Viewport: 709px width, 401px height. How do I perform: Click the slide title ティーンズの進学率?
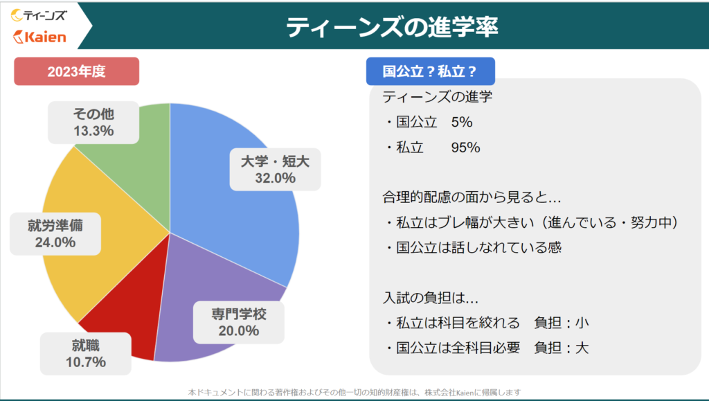pos(392,27)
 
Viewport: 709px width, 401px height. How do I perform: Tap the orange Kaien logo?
pos(39,37)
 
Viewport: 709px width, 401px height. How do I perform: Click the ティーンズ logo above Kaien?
pos(39,15)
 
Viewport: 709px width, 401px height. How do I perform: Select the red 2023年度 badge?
pos(76,71)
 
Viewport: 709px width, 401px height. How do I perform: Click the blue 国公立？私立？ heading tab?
pos(431,71)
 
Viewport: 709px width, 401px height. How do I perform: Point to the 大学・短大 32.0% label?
pos(275,169)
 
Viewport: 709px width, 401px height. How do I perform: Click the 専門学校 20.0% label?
pos(239,322)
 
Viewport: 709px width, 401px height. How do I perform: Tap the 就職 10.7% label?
pos(85,353)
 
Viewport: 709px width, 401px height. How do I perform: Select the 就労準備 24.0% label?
pos(55,233)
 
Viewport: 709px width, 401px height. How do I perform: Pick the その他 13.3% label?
pos(93,123)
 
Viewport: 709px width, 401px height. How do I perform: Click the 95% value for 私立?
pos(465,148)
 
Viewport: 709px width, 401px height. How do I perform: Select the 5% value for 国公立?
pos(462,122)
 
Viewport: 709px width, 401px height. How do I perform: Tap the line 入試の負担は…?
pos(431,298)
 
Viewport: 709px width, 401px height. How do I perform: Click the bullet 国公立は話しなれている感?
pos(474,247)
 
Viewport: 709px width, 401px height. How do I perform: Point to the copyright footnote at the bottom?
pos(354,393)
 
